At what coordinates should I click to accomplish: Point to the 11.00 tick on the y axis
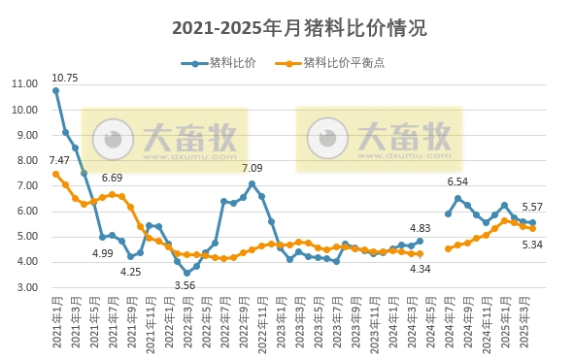click(x=24, y=83)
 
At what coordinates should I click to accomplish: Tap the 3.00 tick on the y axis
click(x=26, y=288)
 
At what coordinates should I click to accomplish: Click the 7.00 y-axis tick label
click(x=26, y=185)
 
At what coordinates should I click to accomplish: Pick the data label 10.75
click(x=65, y=77)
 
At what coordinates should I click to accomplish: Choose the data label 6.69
click(x=112, y=179)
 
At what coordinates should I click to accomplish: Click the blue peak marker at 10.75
click(x=55, y=90)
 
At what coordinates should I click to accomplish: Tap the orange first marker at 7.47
click(x=55, y=174)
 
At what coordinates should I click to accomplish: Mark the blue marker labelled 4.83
click(x=420, y=241)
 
